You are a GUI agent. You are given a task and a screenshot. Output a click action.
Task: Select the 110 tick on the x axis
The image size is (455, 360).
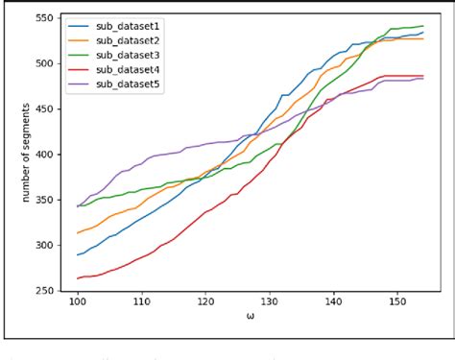coord(141,303)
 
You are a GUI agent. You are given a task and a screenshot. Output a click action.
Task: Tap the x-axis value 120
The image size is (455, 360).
coord(205,303)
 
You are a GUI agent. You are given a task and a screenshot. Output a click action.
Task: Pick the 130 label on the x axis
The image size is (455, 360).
coord(270,303)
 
